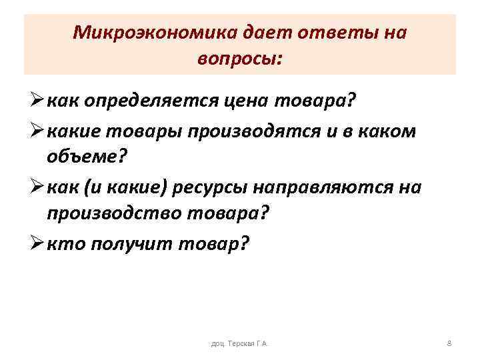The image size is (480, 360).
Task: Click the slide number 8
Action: (x=449, y=343)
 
